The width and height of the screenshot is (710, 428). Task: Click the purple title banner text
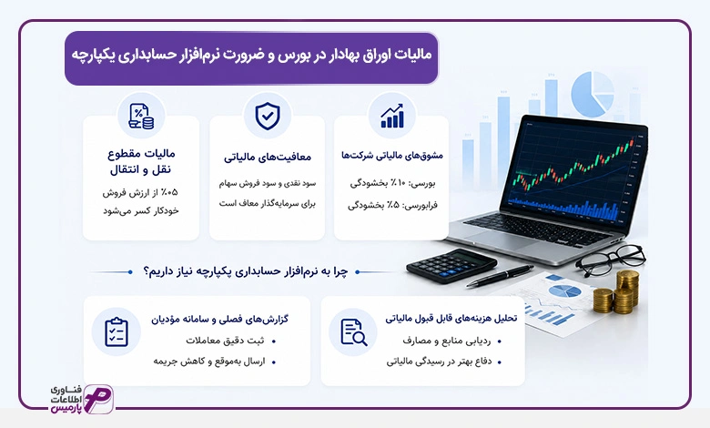251,55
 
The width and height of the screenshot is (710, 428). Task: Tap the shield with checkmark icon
267,116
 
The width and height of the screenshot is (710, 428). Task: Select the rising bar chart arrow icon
392,116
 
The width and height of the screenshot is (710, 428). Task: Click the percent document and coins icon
141,117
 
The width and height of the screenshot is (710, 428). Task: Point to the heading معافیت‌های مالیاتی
267,158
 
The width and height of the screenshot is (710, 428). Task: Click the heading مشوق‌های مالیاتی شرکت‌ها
392,156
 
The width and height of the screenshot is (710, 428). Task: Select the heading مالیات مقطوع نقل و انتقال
141,162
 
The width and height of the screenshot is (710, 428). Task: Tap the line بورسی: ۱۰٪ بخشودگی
392,183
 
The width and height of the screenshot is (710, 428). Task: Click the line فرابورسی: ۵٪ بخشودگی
392,205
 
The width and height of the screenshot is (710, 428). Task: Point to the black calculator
451,266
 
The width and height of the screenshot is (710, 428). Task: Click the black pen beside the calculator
500,276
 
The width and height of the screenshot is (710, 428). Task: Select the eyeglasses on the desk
611,260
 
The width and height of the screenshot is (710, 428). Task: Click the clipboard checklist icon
117,332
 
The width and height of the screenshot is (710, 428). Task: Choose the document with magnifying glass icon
354,332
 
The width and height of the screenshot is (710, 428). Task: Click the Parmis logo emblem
98,399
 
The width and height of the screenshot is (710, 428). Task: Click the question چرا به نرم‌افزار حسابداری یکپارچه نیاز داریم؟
245,271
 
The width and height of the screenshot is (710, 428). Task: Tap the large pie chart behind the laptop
593,94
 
